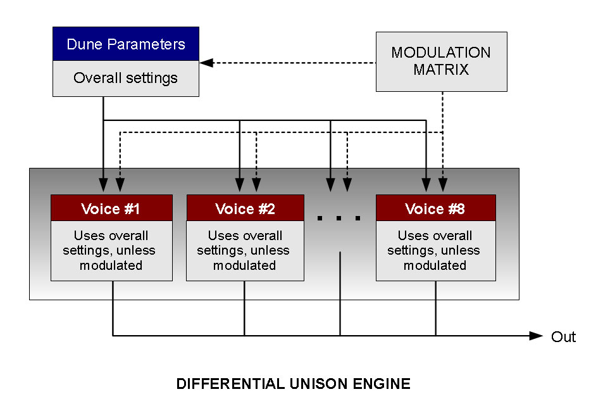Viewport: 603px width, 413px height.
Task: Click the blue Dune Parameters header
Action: click(x=126, y=44)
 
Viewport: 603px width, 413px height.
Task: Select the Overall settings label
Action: click(x=126, y=79)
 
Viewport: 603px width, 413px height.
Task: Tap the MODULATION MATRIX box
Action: click(x=441, y=61)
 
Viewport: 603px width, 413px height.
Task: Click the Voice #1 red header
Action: click(x=111, y=208)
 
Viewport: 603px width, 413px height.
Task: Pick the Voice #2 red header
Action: click(x=245, y=208)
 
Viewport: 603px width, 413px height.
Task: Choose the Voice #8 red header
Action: click(x=435, y=208)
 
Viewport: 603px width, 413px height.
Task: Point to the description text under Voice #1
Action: click(x=111, y=251)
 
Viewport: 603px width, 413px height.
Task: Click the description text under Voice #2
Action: click(x=245, y=251)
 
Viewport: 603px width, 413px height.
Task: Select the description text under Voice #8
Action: click(x=435, y=251)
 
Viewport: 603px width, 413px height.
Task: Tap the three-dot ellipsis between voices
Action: click(x=339, y=219)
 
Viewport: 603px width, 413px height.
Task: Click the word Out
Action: click(x=563, y=336)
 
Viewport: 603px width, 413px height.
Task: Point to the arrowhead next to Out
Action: click(x=537, y=336)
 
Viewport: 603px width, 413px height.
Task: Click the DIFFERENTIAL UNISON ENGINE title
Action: click(x=293, y=384)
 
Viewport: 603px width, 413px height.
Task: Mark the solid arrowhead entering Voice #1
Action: click(x=103, y=186)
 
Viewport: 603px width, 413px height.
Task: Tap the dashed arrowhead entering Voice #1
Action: click(x=120, y=186)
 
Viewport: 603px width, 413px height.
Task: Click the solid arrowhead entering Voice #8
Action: click(x=426, y=186)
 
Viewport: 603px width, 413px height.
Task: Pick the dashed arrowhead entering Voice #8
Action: click(x=442, y=186)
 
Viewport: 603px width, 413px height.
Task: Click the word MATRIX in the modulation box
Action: click(x=441, y=70)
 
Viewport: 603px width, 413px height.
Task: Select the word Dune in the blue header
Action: click(x=84, y=44)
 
